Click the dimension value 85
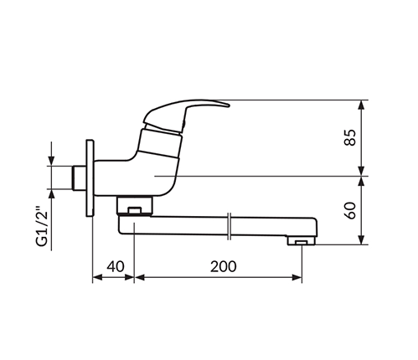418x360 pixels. (350, 137)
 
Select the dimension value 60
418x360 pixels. (350, 210)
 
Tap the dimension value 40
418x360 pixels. (116, 266)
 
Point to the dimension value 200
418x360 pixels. (223, 266)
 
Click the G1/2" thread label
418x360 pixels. (42, 227)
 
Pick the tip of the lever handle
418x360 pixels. (229, 105)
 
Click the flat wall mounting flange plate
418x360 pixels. (90, 177)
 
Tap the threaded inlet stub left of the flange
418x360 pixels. (79, 177)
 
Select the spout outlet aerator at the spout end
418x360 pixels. (302, 241)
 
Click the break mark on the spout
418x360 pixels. (229, 226)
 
